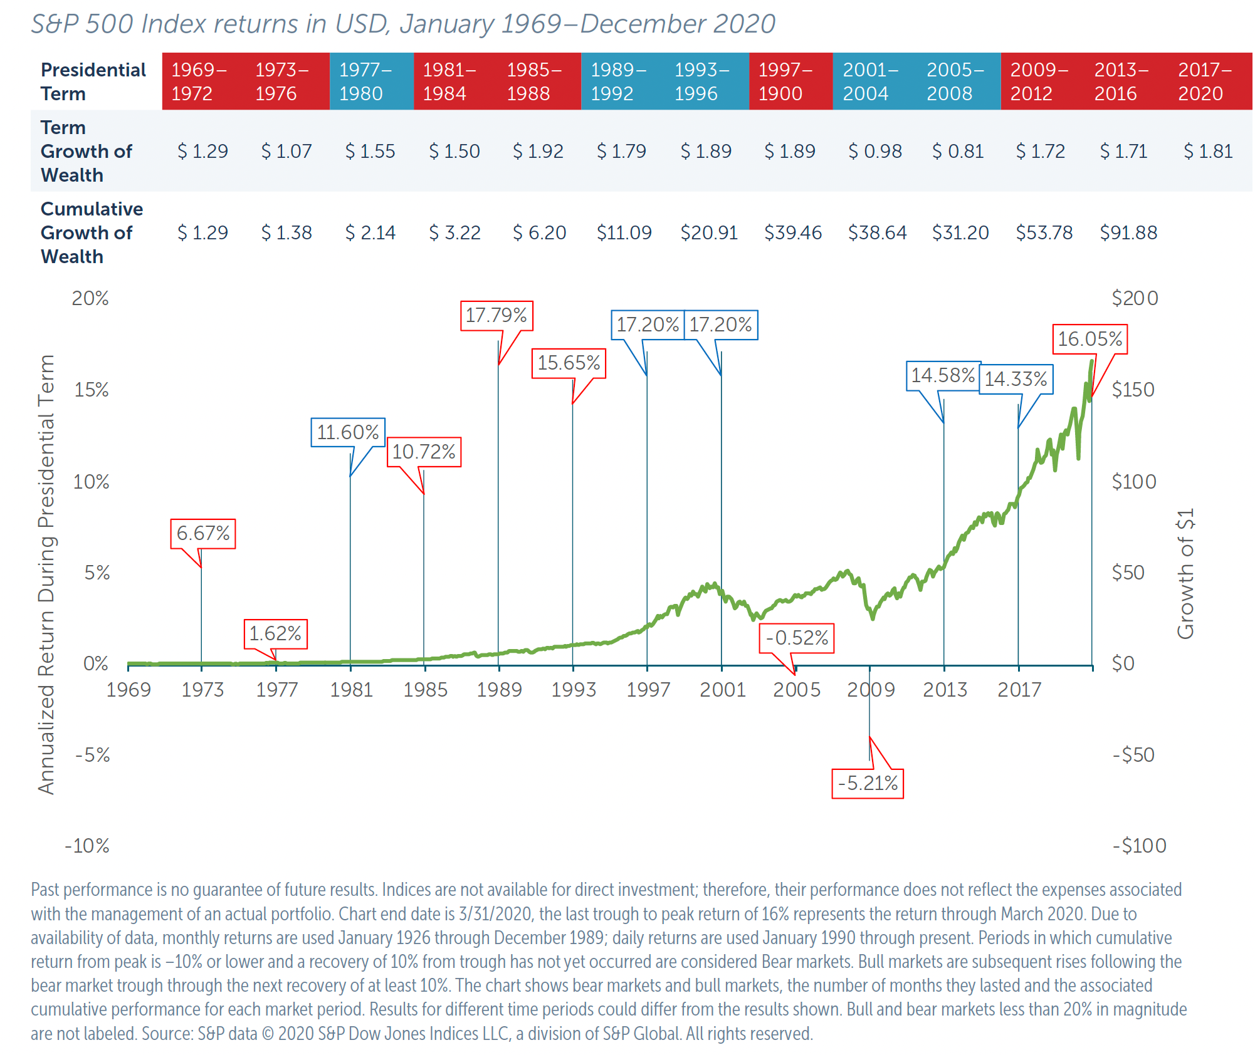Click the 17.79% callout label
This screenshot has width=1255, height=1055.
496,315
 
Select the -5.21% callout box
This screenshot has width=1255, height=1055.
867,783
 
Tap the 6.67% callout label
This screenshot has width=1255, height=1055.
202,533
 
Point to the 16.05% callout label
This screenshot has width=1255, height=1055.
1090,339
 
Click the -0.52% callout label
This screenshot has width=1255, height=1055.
797,638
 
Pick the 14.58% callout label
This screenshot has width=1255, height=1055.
942,375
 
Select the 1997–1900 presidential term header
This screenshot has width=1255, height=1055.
790,81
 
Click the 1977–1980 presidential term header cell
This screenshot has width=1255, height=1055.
370,81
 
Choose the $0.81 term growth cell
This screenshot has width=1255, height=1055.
957,151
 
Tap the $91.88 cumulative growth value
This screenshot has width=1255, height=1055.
1128,232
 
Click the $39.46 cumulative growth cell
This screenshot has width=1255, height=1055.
792,232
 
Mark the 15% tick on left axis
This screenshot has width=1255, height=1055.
91,390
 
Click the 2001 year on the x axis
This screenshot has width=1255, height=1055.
722,690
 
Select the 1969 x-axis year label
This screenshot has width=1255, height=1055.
129,690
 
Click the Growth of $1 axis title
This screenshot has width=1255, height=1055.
1185,573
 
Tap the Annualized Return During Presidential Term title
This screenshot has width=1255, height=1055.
46,573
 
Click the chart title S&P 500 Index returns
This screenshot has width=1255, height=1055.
402,24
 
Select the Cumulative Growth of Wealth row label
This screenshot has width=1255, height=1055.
92,232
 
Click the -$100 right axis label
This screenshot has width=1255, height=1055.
1138,846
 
